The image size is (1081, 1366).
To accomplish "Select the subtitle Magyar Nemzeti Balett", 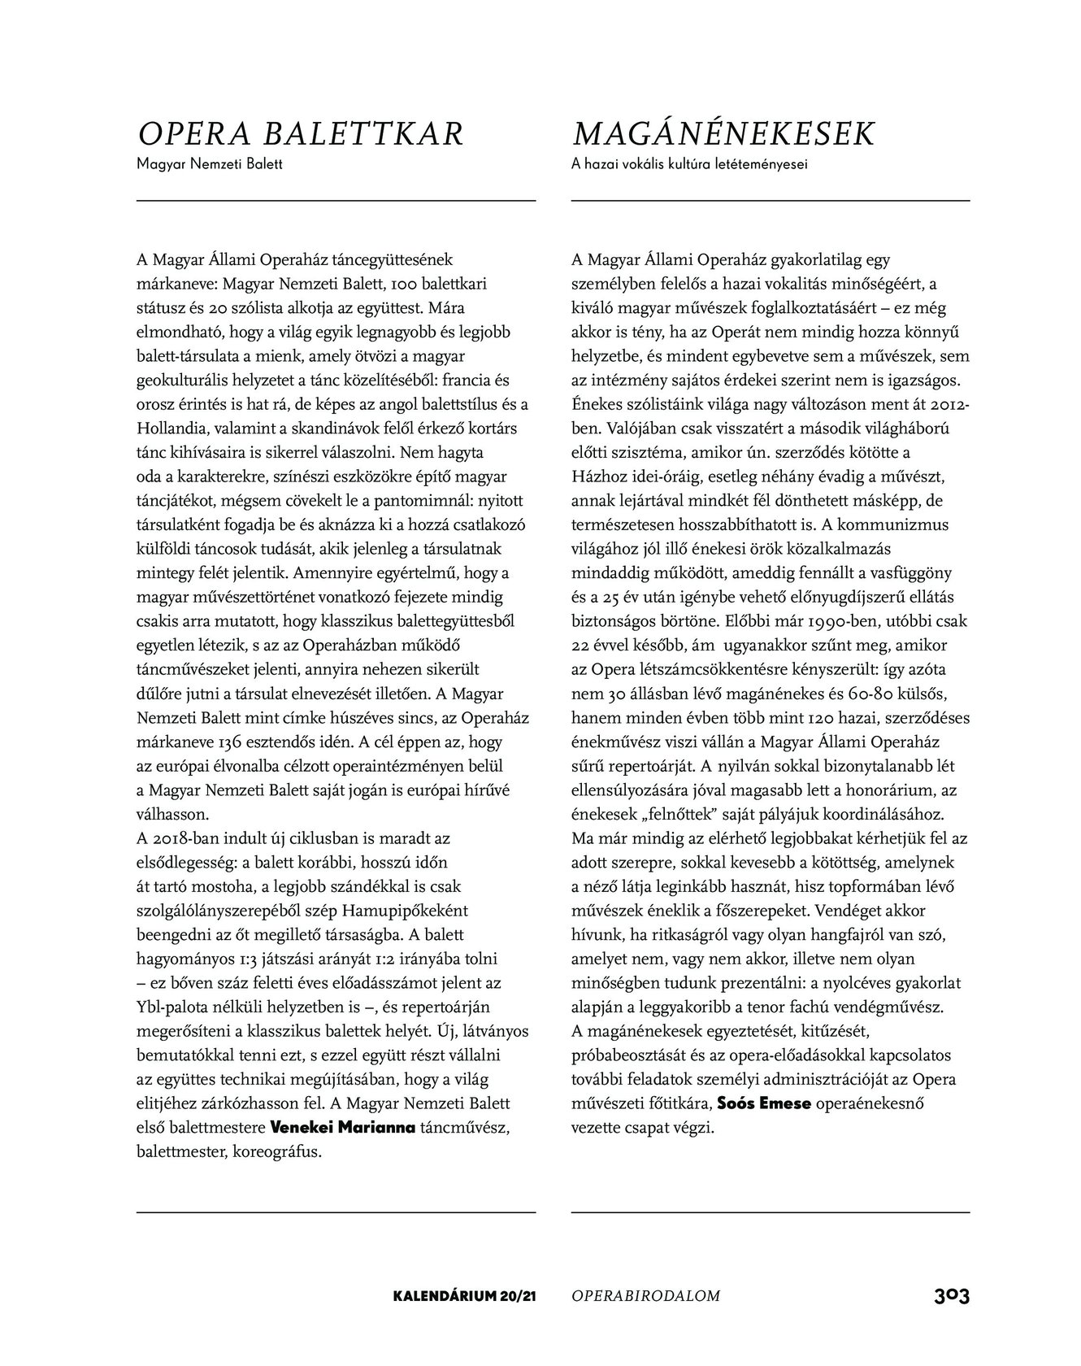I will [209, 164].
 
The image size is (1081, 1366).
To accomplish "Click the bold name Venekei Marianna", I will [342, 1129].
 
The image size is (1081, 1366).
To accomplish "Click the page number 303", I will [951, 1295].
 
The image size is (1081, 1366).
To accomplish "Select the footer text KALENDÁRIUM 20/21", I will [462, 1296].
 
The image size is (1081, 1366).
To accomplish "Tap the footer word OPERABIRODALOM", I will [646, 1296].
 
